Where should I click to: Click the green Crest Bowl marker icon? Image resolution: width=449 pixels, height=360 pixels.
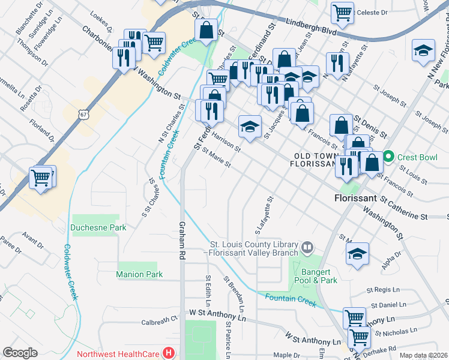coord(388,157)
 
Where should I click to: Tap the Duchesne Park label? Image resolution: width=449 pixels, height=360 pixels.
coord(98,227)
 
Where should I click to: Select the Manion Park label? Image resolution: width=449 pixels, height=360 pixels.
coord(139,274)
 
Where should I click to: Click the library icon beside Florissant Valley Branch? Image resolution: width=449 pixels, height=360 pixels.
coord(307,247)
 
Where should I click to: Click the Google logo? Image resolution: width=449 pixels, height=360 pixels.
coord(20,353)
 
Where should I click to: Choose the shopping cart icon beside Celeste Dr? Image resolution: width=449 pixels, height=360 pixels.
coord(342,12)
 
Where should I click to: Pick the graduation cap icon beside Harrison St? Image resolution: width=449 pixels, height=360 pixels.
coord(250,126)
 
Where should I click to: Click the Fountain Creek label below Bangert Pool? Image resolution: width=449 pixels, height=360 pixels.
coord(291,299)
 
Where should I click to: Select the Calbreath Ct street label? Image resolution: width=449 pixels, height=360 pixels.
coord(160,322)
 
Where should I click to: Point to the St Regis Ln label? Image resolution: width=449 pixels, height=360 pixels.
coord(391,290)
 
